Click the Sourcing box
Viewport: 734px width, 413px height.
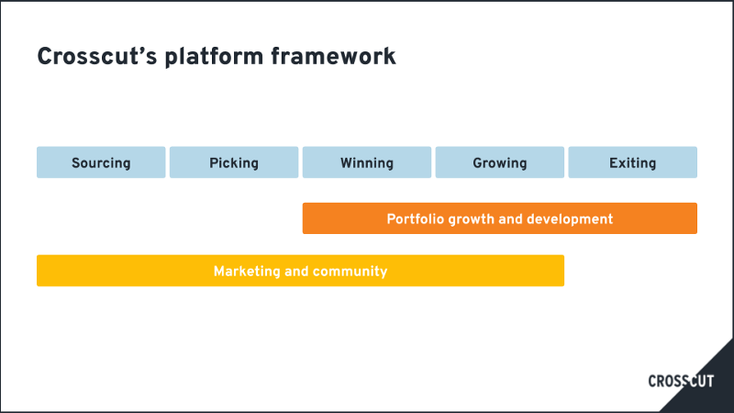pyautogui.click(x=101, y=162)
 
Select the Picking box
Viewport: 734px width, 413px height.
pyautogui.click(x=234, y=162)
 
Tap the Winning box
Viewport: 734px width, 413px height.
pyautogui.click(x=367, y=162)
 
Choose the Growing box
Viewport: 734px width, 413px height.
pyautogui.click(x=500, y=162)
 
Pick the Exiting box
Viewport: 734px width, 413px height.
pyautogui.click(x=633, y=162)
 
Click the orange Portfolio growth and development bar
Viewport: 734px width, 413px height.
pyautogui.click(x=500, y=218)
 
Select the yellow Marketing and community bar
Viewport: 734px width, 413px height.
pyautogui.click(x=301, y=271)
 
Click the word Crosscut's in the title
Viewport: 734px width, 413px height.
pyautogui.click(x=97, y=57)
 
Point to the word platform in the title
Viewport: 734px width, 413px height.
pyautogui.click(x=214, y=58)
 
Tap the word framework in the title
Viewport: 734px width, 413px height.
pyautogui.click(x=333, y=57)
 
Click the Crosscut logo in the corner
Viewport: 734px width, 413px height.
pyautogui.click(x=681, y=381)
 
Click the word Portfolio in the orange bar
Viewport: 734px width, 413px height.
pyautogui.click(x=416, y=219)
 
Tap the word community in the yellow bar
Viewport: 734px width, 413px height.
pyautogui.click(x=350, y=272)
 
